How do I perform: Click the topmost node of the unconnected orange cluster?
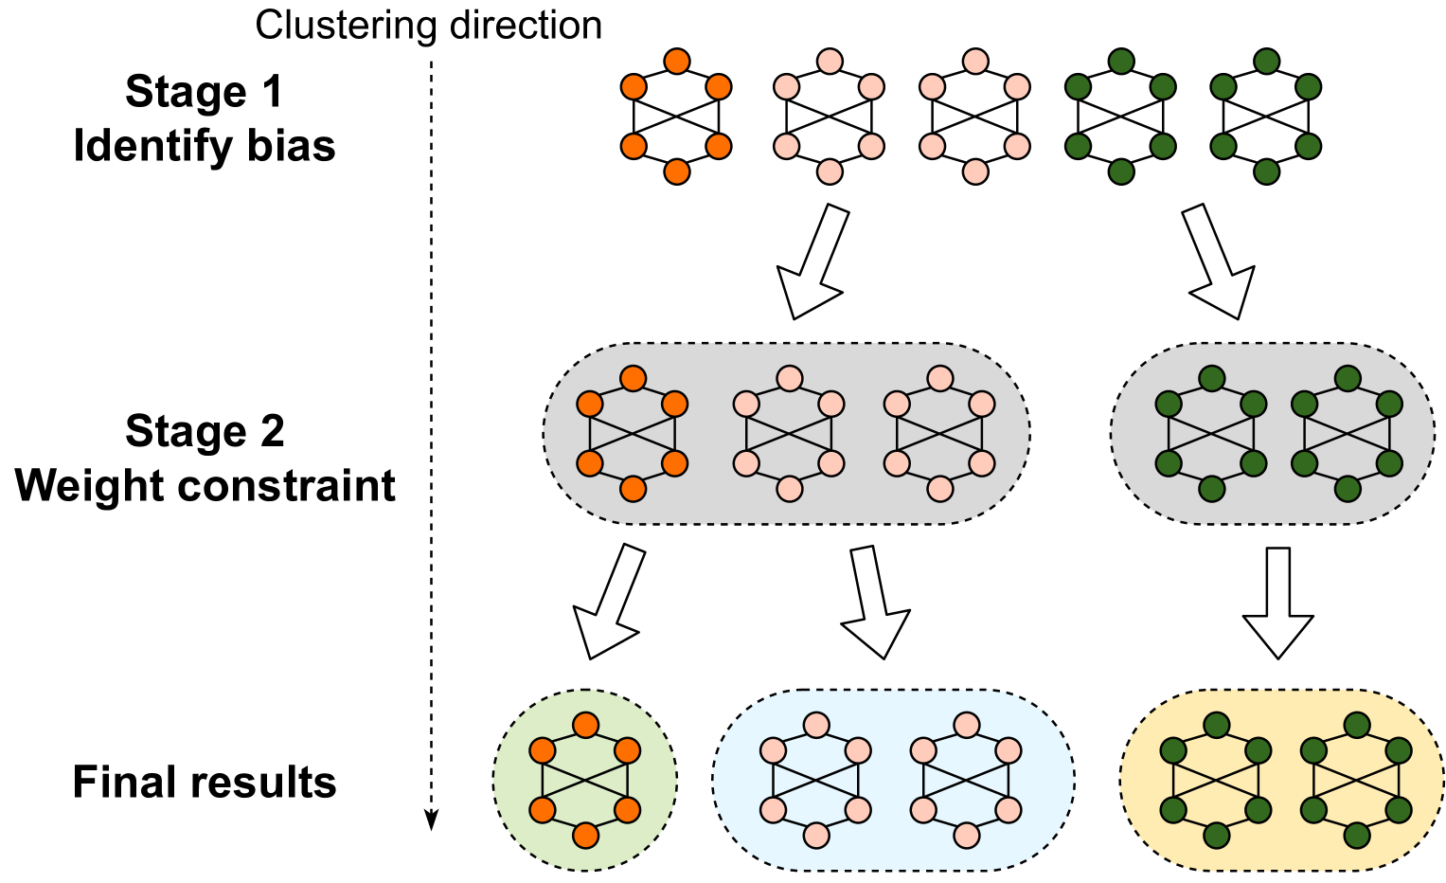pyautogui.click(x=677, y=62)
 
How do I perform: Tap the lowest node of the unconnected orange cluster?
pyautogui.click(x=677, y=171)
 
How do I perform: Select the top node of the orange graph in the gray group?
pyautogui.click(x=633, y=379)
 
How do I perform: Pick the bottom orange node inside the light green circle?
pyautogui.click(x=585, y=836)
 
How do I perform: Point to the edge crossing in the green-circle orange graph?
pyautogui.click(x=585, y=781)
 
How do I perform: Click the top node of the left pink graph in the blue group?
pyautogui.click(x=816, y=726)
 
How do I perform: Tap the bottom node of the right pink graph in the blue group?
pyautogui.click(x=966, y=836)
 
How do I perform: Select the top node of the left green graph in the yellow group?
pyautogui.click(x=1216, y=726)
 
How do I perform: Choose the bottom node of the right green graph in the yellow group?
pyautogui.click(x=1356, y=836)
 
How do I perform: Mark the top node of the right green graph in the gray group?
pyautogui.click(x=1347, y=379)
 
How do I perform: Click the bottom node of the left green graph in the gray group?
pyautogui.click(x=1211, y=489)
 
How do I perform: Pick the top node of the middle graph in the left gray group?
pyautogui.click(x=789, y=379)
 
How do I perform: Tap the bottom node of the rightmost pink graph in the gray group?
pyautogui.click(x=939, y=489)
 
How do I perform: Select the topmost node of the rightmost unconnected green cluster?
pyautogui.click(x=1266, y=62)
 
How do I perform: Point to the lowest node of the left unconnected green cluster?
pyautogui.click(x=1120, y=171)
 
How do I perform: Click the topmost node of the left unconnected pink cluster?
pyautogui.click(x=830, y=62)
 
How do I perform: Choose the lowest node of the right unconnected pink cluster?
pyautogui.click(x=975, y=171)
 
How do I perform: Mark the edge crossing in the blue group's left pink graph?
pyautogui.click(x=816, y=781)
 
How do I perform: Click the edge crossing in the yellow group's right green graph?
pyautogui.click(x=1356, y=781)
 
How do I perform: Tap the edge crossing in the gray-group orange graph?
pyautogui.click(x=633, y=434)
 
